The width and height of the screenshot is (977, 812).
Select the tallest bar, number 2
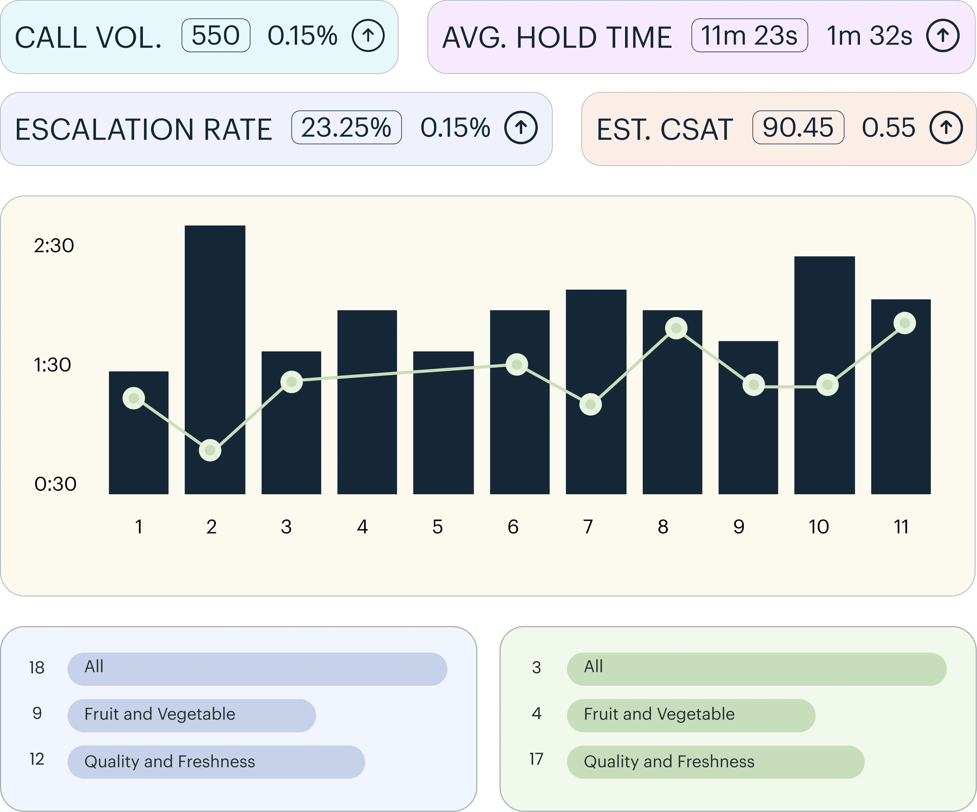215,325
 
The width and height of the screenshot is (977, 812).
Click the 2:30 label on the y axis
54,245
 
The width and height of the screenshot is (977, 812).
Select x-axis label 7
588,527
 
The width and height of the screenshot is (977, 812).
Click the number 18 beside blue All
37,667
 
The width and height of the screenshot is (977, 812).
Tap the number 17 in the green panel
536,759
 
